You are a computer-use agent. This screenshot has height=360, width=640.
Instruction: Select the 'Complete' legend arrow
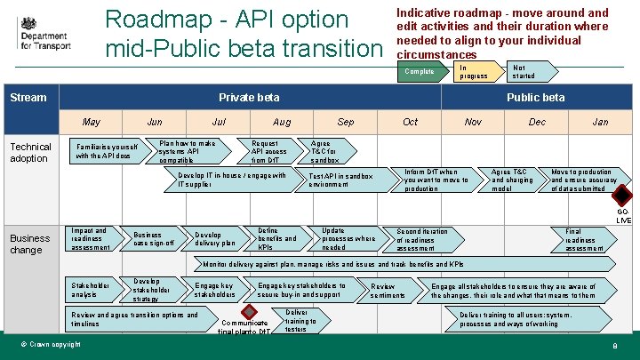(x=421, y=72)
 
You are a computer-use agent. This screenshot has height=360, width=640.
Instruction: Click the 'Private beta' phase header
(x=249, y=98)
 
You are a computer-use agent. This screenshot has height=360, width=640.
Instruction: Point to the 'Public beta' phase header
(x=535, y=98)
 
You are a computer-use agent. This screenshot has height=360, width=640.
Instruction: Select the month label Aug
(x=282, y=122)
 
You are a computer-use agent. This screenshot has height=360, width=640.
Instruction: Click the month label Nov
(x=473, y=122)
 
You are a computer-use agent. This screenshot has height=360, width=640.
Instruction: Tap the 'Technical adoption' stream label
(x=30, y=152)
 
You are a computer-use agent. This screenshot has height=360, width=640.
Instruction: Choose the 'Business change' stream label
(x=30, y=244)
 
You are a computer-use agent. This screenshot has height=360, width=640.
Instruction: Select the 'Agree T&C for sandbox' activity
(x=327, y=151)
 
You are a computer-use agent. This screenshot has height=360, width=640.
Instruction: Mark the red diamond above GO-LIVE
(x=623, y=196)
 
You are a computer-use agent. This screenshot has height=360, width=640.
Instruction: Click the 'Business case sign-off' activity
(x=155, y=239)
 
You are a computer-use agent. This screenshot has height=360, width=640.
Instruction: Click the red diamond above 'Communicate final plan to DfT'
(x=250, y=311)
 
